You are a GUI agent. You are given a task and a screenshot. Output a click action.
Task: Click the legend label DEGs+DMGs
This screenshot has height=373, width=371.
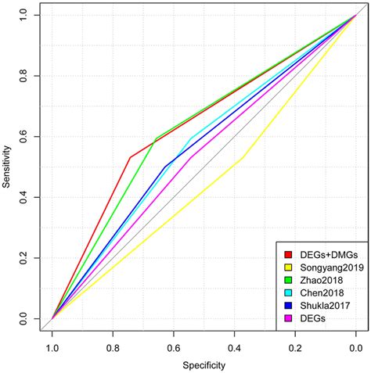click(x=323, y=254)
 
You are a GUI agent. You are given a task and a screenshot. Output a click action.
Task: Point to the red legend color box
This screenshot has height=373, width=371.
click(x=289, y=254)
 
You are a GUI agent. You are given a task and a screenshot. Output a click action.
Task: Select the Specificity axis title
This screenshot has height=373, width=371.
click(x=204, y=364)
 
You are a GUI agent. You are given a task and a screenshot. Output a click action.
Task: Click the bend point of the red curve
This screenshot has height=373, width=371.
click(x=130, y=158)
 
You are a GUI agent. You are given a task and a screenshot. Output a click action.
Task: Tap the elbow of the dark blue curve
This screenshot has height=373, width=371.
click(x=166, y=167)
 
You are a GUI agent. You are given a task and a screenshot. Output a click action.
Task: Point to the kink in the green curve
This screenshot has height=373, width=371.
click(x=156, y=138)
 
